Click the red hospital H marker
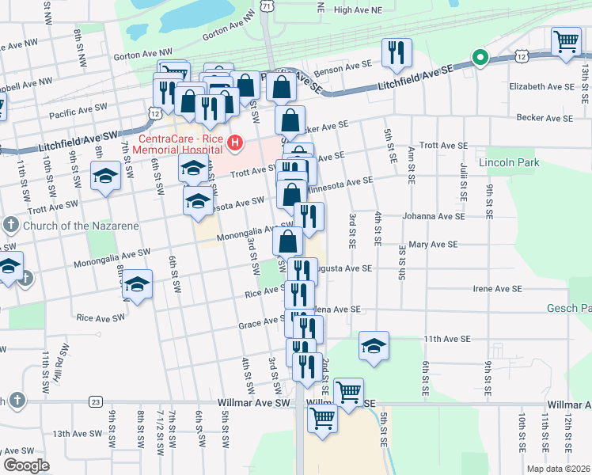(235, 143)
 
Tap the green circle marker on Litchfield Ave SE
(479, 57)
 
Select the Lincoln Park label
(509, 162)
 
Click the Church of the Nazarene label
(81, 225)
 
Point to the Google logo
(26, 465)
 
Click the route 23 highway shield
(96, 402)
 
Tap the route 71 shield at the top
(269, 6)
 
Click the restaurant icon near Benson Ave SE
(394, 53)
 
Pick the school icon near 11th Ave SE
(374, 346)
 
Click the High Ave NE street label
(358, 9)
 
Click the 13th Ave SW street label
(78, 434)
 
